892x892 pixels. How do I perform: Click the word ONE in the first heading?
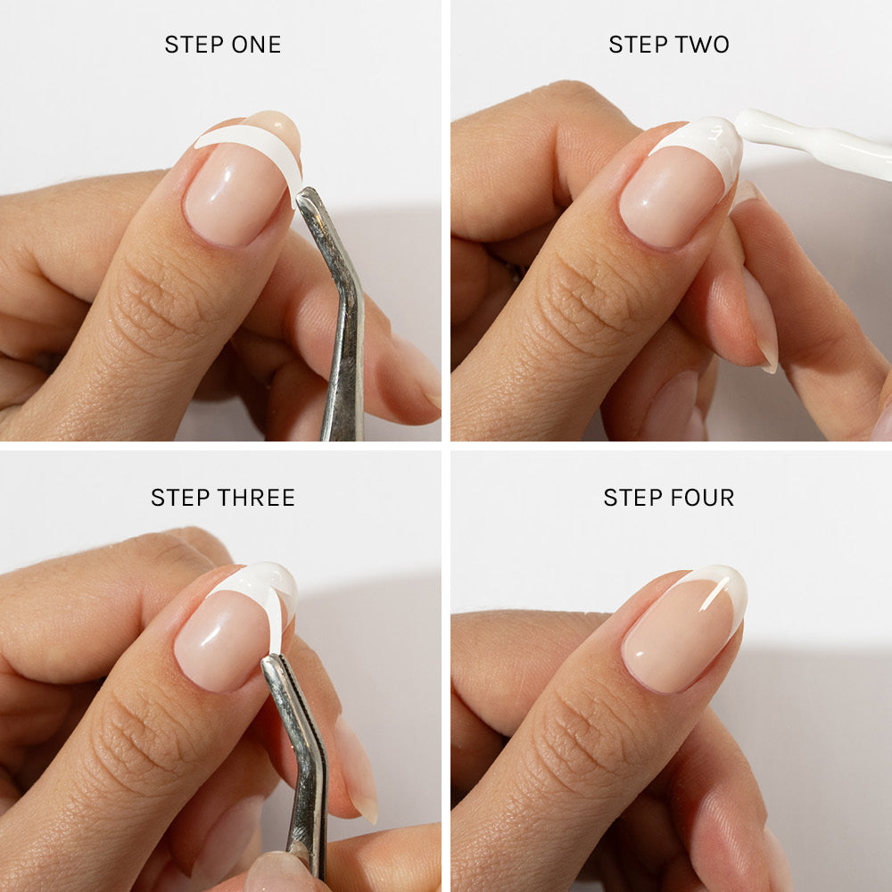pyautogui.click(x=256, y=45)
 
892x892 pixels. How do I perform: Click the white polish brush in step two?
pyautogui.click(x=821, y=143)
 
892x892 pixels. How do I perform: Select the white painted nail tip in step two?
pyautogui.click(x=705, y=143)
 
